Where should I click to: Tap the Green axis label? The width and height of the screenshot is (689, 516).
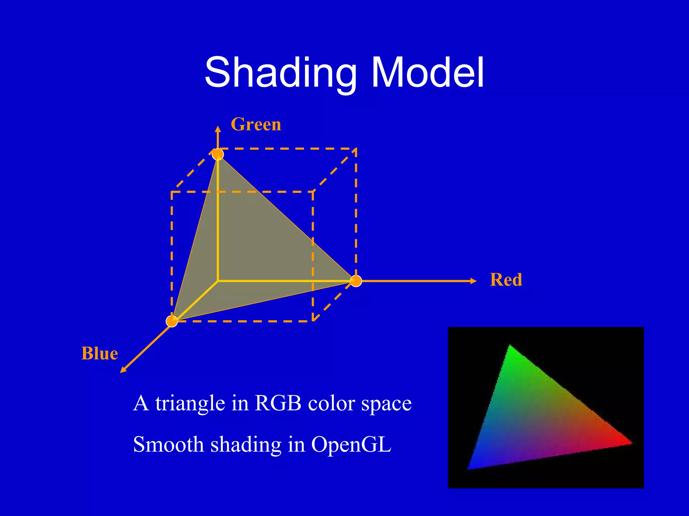click(256, 124)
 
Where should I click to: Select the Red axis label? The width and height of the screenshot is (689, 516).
click(506, 280)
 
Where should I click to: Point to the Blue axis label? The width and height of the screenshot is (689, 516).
click(100, 354)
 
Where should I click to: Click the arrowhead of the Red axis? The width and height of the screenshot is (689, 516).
click(473, 281)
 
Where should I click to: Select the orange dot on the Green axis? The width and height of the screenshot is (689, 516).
click(218, 154)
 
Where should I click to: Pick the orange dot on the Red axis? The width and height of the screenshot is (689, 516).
click(356, 281)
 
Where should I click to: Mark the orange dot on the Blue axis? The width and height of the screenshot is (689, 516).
click(172, 321)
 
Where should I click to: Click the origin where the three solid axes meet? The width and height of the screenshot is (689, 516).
click(218, 281)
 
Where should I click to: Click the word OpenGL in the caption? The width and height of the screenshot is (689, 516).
click(351, 445)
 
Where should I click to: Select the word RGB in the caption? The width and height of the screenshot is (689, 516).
click(278, 403)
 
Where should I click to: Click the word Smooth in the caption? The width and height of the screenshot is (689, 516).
click(168, 445)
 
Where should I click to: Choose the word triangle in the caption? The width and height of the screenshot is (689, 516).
click(190, 404)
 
